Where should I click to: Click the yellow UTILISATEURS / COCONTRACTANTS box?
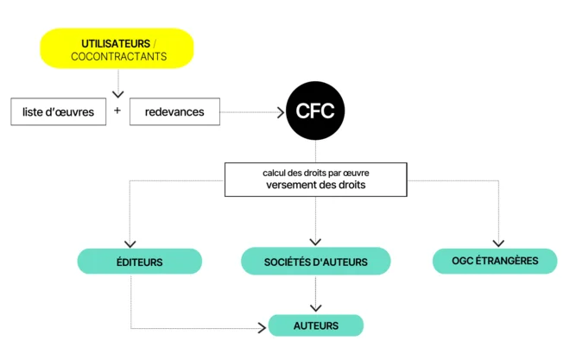pyautogui.click(x=117, y=49)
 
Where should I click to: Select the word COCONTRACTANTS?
pyautogui.click(x=118, y=57)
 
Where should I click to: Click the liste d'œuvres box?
pyautogui.click(x=59, y=112)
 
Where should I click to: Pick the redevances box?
pyautogui.click(x=174, y=112)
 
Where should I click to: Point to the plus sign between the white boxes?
pyautogui.click(x=117, y=111)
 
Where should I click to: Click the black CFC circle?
pyautogui.click(x=315, y=111)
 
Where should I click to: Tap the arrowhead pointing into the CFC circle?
pyautogui.click(x=279, y=112)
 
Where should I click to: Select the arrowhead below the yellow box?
pyautogui.click(x=118, y=93)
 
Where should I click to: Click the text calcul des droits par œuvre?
pyautogui.click(x=316, y=173)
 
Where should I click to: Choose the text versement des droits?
pyautogui.click(x=316, y=185)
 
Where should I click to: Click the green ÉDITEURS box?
pyautogui.click(x=140, y=261)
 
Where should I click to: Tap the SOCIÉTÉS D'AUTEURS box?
pyautogui.click(x=315, y=261)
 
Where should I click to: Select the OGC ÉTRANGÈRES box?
pyautogui.click(x=494, y=261)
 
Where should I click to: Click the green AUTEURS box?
pyautogui.click(x=315, y=325)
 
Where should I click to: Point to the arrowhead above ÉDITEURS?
pyautogui.click(x=131, y=244)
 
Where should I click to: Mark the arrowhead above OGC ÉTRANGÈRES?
pyautogui.click(x=498, y=243)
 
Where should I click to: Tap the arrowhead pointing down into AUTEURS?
pyautogui.click(x=315, y=307)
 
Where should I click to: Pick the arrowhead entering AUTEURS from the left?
pyautogui.click(x=263, y=328)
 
